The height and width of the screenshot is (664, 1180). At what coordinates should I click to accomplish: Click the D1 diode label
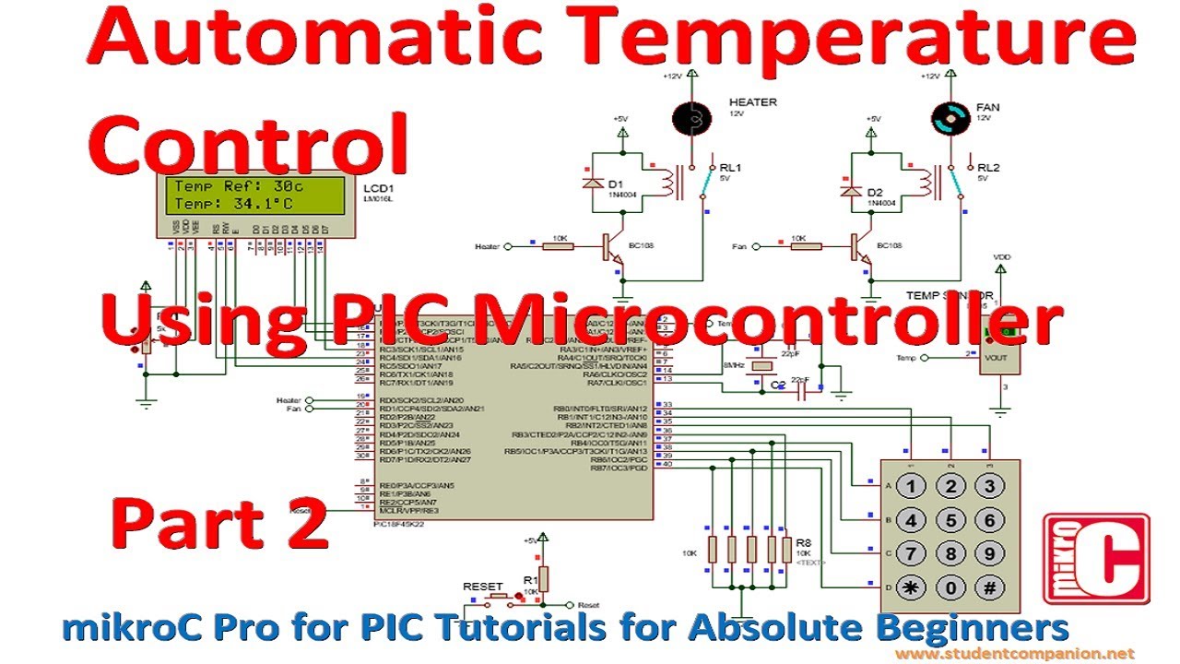(616, 184)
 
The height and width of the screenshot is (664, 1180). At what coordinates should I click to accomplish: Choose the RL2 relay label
(988, 167)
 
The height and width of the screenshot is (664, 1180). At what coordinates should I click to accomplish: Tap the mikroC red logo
(1095, 561)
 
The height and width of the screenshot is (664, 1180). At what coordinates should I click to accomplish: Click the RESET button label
(482, 587)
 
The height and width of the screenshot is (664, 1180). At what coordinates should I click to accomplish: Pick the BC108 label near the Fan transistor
(891, 245)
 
